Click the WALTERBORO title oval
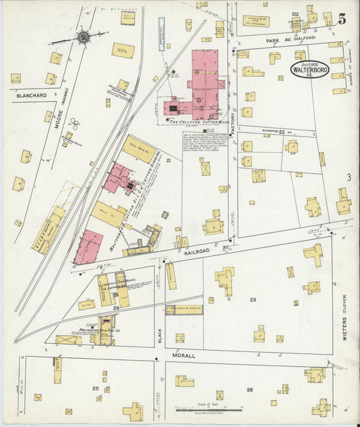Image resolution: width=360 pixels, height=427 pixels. (310, 69)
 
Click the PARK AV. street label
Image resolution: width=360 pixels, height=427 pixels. (282, 41)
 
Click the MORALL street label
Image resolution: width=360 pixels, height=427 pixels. (183, 355)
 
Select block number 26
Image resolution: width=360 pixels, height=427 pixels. (249, 389)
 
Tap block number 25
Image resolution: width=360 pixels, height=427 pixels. (95, 389)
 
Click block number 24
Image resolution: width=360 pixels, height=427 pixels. (116, 308)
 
